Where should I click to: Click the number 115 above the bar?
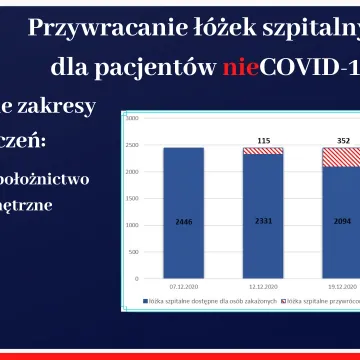[263, 139]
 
